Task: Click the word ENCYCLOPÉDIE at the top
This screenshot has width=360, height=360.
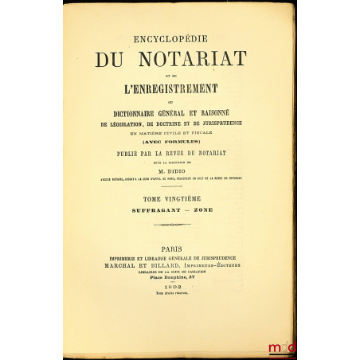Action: [x=179, y=37]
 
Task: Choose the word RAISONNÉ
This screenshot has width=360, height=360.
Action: [x=236, y=115]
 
